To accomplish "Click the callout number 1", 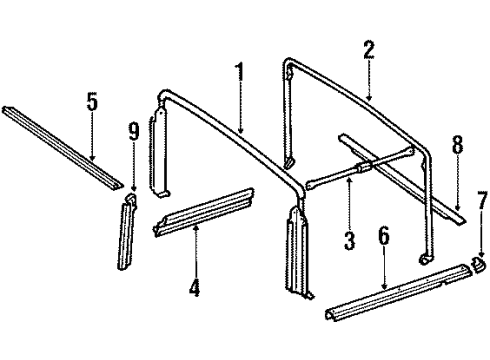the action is click(239, 74).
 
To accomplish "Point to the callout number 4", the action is click(195, 290).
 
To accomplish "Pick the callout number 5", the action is click(92, 102).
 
